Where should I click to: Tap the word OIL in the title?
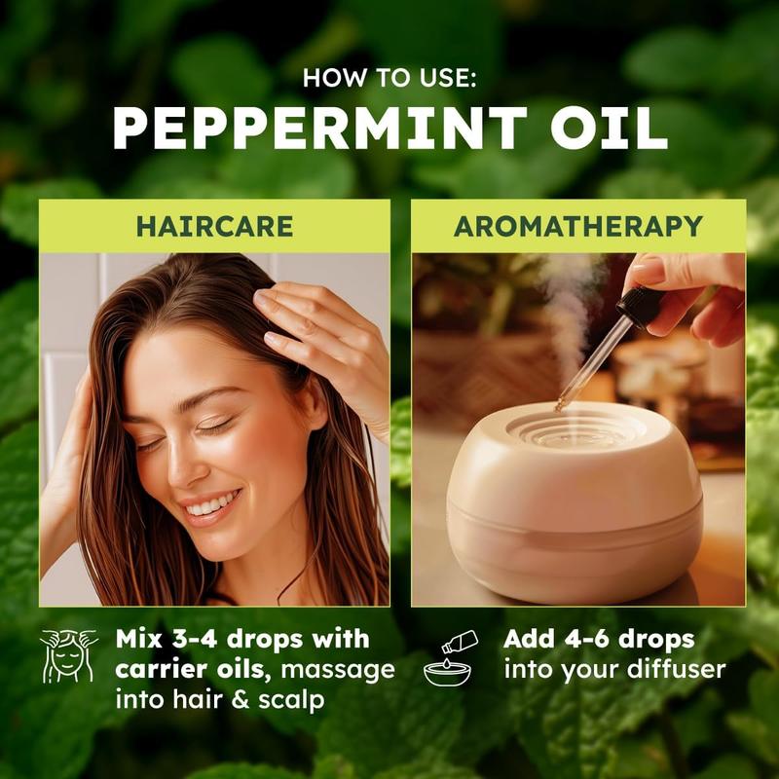(609, 129)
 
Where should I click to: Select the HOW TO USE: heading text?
(389, 78)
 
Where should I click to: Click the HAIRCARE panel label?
(214, 226)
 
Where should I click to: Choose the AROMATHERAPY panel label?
(578, 226)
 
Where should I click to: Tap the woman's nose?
(184, 462)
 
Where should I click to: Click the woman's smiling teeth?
(212, 503)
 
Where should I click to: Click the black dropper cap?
(640, 307)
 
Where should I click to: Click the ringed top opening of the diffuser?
(577, 428)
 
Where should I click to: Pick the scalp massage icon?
(68, 655)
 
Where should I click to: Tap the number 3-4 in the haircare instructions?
(194, 639)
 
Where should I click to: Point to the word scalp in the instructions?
(291, 700)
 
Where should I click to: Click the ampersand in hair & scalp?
(241, 700)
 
